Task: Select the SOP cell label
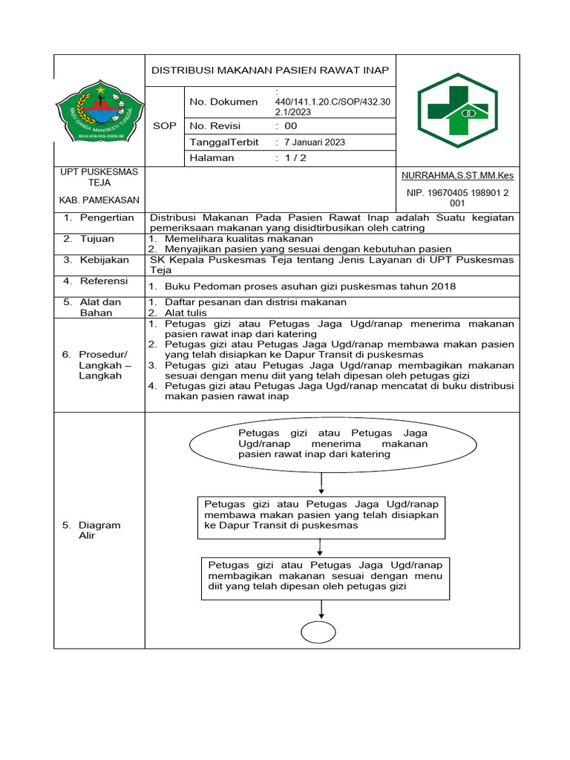(164, 125)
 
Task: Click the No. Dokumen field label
(224, 102)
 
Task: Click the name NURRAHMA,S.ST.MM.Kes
(457, 176)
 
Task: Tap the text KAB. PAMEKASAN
(99, 200)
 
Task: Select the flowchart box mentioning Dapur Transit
(321, 515)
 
